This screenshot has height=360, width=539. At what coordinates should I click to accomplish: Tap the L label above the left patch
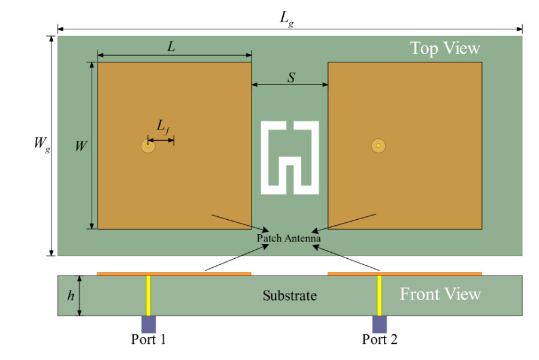tap(171, 47)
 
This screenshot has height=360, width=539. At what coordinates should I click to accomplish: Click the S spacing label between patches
tap(290, 77)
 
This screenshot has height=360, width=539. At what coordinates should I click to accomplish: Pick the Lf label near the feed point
tap(162, 126)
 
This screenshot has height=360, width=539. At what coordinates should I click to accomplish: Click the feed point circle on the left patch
tap(147, 146)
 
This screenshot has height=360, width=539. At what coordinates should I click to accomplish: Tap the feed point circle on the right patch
tap(378, 146)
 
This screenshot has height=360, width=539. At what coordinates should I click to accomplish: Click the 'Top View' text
tap(444, 48)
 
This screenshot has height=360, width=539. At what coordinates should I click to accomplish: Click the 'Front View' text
tap(440, 294)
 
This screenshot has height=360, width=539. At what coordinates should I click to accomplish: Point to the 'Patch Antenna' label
tap(289, 238)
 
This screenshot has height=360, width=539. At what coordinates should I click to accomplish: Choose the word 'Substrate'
tap(290, 295)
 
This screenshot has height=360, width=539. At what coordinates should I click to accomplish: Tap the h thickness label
tap(71, 295)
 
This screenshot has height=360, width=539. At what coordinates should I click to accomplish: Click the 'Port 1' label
tap(149, 340)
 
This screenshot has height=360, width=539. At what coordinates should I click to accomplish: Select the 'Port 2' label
tap(380, 340)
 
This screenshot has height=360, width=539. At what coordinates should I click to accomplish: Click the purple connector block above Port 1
tap(149, 324)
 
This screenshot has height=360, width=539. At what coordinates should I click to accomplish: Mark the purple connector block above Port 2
tap(379, 324)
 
